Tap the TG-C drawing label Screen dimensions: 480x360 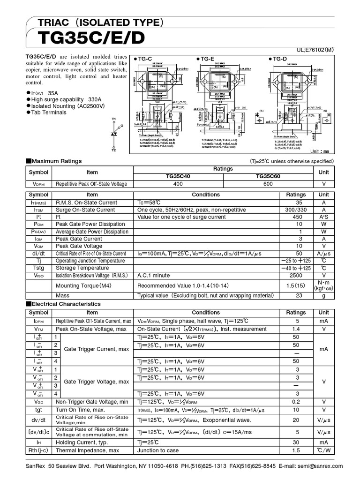pyautogui.click(x=142, y=59)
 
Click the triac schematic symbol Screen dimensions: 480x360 pyautogui.click(x=114, y=134)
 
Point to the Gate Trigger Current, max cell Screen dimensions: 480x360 pyautogui.click(x=97, y=349)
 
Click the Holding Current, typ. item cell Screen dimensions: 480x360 pyautogui.click(x=82, y=442)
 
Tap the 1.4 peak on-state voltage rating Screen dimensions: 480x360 pyautogui.click(x=296, y=330)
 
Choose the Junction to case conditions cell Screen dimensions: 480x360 pyautogui.click(x=158, y=450)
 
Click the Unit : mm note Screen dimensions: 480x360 pyautogui.click(x=320, y=151)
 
